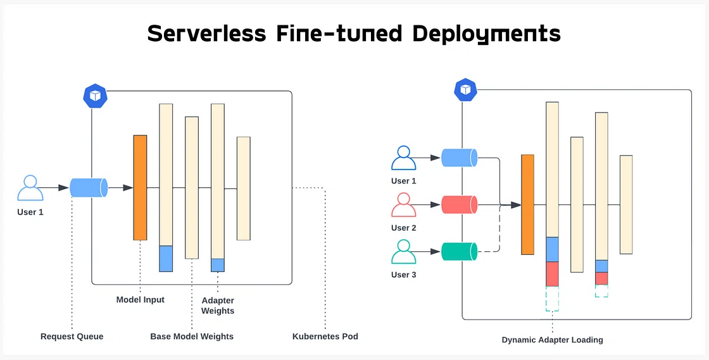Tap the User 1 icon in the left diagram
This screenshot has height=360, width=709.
tap(30, 188)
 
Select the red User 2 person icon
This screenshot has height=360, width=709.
tap(404, 204)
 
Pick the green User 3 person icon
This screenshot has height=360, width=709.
tap(404, 252)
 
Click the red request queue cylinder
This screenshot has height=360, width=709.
tap(460, 204)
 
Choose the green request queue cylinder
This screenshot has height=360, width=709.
tap(460, 252)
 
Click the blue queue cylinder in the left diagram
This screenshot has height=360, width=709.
tap(89, 187)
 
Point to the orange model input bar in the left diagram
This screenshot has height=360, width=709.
tap(140, 187)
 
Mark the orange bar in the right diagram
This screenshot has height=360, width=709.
tap(528, 204)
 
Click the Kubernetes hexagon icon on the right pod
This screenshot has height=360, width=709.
tap(466, 90)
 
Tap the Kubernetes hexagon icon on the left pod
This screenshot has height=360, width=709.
tap(95, 96)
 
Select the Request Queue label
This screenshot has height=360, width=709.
tap(72, 337)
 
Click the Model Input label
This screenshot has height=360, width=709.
tap(140, 299)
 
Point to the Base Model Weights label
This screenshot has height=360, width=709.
tap(192, 337)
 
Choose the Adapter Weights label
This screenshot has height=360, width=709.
tap(218, 306)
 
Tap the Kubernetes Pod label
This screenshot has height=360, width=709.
tap(325, 337)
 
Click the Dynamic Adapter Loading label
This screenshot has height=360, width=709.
tap(552, 340)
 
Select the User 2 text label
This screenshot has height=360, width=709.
tap(404, 228)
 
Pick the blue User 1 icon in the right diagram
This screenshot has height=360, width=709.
tap(404, 158)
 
